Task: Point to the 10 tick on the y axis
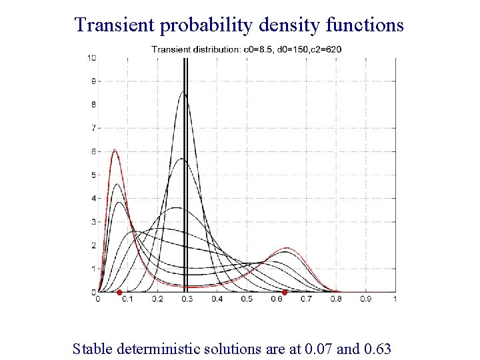pyautogui.click(x=91, y=58)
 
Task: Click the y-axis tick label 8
pyautogui.click(x=93, y=105)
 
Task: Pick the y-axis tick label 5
pyautogui.click(x=93, y=175)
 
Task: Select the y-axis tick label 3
pyautogui.click(x=93, y=221)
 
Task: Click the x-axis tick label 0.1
pyautogui.click(x=127, y=299)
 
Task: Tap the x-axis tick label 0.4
pyautogui.click(x=217, y=299)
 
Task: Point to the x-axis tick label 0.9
pyautogui.click(x=365, y=299)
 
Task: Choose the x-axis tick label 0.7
pyautogui.click(x=306, y=299)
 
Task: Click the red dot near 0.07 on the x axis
pyautogui.click(x=119, y=292)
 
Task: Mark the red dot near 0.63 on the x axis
pyautogui.click(x=285, y=292)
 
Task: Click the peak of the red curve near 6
pyautogui.click(x=115, y=151)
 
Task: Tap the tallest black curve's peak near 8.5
pyautogui.click(x=183, y=93)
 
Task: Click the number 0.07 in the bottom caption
pyautogui.click(x=317, y=348)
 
